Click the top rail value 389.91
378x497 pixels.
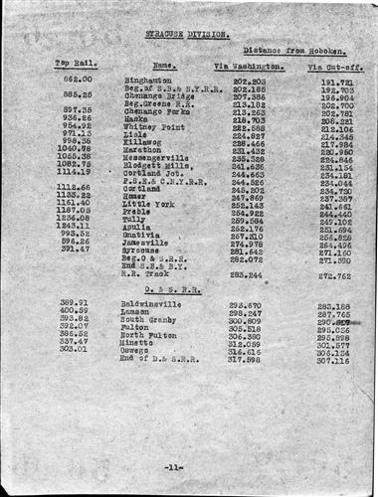(74, 303)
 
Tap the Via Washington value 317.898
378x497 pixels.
(248, 359)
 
